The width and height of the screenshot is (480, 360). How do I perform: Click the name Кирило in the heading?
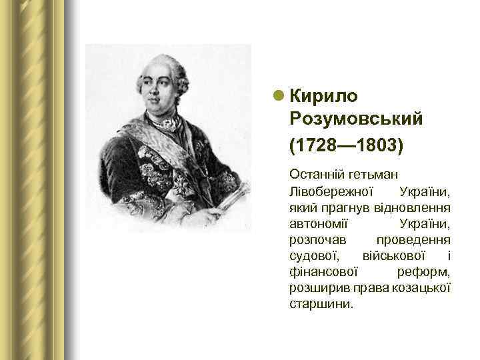coord(324,96)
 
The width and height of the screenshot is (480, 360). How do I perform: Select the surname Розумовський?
coord(357,119)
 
